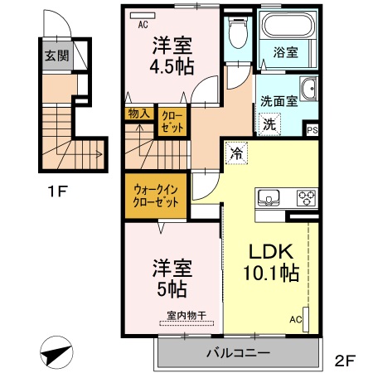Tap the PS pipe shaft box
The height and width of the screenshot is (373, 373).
coord(312,130)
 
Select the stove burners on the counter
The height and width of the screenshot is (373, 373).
coord(304,198)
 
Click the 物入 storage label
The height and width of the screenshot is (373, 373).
coord(138,114)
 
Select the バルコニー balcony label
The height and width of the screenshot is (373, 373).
coord(237,354)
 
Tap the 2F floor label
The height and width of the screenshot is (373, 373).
coord(346,361)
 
